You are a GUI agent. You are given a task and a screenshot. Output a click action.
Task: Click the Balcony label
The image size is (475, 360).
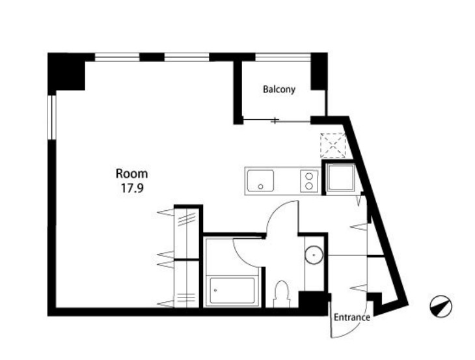278,90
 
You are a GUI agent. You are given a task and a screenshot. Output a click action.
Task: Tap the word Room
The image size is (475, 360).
132,174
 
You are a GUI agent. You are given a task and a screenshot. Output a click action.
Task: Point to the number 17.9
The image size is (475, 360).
132,189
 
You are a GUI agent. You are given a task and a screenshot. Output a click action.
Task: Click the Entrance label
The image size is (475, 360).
352,317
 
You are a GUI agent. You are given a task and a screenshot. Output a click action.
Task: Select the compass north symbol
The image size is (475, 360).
441,307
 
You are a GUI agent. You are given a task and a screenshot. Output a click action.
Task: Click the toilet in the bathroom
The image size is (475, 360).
282,294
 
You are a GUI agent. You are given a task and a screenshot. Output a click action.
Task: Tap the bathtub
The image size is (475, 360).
232,290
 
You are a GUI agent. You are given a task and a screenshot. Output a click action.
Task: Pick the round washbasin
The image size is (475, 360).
314,255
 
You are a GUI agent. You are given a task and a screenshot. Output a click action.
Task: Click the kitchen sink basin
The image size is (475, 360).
260,180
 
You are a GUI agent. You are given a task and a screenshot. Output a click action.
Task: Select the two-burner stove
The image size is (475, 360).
309,181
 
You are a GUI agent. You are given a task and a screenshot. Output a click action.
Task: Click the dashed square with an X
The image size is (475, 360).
333,146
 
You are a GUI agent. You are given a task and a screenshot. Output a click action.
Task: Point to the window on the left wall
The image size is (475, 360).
52,117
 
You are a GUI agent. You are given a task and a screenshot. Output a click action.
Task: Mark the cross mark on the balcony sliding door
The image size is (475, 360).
275,120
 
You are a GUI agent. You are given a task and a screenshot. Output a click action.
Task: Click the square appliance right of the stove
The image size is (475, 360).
341,177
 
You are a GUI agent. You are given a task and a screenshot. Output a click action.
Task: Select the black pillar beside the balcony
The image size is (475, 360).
319,72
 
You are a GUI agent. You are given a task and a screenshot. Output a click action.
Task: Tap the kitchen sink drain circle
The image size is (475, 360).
260,187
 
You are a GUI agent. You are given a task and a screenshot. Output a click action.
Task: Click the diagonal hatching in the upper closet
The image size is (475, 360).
187,219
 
